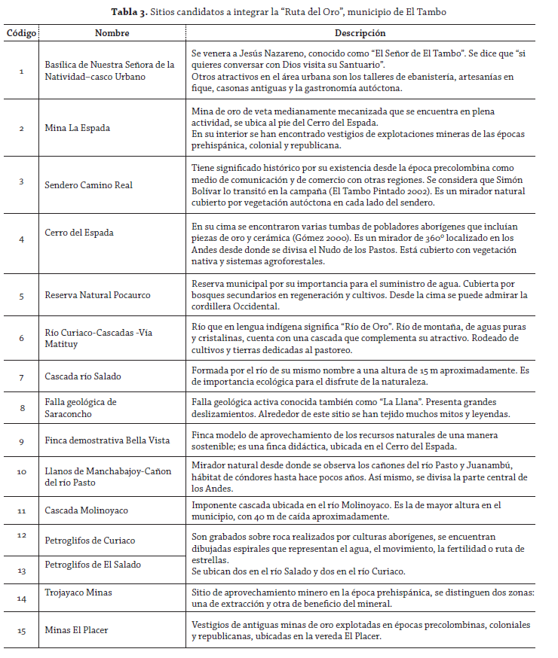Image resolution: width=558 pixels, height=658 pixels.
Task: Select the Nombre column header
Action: click(112, 34)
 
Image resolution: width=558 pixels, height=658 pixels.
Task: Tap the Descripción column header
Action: click(360, 34)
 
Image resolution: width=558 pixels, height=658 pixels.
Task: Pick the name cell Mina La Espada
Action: click(78, 128)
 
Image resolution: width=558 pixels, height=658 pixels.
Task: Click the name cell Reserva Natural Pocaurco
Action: click(98, 295)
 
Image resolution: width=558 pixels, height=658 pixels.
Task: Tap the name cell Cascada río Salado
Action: click(83, 376)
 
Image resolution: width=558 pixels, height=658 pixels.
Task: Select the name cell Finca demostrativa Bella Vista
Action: click(108, 440)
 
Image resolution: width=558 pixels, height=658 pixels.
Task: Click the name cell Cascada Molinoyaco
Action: click(87, 510)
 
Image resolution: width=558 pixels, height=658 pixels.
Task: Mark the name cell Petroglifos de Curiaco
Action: click(90, 541)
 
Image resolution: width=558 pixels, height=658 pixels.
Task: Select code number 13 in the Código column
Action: click(21, 571)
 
